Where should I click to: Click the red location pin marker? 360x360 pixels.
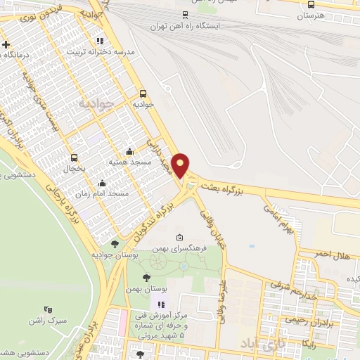tap(181, 165)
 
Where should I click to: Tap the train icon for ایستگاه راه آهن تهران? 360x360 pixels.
tap(184, 14)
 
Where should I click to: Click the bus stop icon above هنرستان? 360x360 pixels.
tap(311, 4)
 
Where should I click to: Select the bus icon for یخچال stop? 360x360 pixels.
tap(75, 158)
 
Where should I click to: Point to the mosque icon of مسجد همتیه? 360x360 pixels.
tap(129, 151)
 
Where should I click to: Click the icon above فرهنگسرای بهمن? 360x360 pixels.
tap(180, 236)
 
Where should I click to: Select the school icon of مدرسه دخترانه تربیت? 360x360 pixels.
tap(99, 41)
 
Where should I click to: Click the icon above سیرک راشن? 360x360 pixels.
tap(48, 309)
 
